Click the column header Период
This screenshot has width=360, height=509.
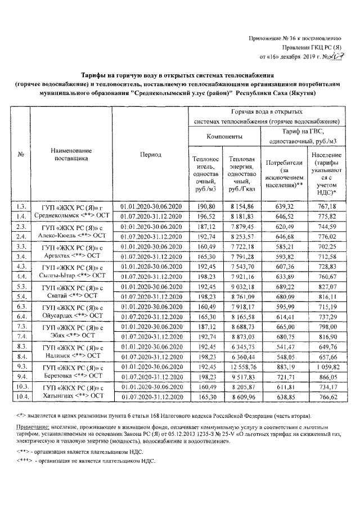click(x=151, y=155)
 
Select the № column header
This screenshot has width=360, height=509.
click(x=20, y=155)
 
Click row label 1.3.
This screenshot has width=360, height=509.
click(x=21, y=206)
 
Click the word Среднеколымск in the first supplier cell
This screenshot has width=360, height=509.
click(x=57, y=216)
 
